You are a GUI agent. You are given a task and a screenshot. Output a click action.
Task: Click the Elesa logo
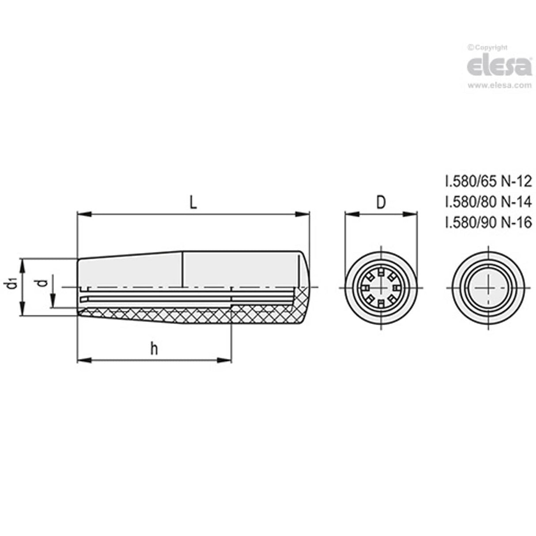pos(499,66)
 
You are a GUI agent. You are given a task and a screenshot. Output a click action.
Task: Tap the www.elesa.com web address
pos(499,86)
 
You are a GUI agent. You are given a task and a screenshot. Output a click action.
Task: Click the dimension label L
pos(193,202)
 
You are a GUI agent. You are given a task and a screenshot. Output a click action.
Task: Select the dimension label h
pos(154,349)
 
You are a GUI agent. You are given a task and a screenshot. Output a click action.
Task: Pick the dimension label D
pos(381,202)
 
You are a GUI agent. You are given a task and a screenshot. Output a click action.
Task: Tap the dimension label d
pos(42,283)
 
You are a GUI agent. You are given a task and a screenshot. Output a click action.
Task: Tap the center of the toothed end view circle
pos(381,288)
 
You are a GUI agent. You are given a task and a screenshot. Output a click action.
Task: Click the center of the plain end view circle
pos(488,288)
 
